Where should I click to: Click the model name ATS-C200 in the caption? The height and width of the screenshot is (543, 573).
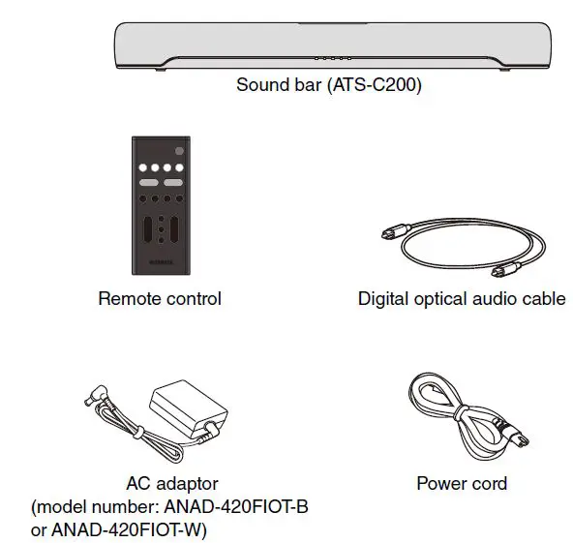click(375, 85)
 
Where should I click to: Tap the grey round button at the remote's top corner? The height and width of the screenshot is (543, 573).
click(179, 151)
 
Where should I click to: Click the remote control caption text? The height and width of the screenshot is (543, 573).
click(160, 298)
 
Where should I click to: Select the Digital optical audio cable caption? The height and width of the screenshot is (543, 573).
click(462, 299)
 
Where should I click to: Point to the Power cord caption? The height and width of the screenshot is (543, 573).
click(462, 483)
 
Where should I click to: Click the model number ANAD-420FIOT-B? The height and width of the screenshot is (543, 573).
click(236, 507)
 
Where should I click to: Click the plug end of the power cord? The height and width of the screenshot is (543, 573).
click(512, 433)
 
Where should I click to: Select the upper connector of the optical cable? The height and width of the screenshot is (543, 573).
click(396, 230)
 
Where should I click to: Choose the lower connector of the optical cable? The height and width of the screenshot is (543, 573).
click(506, 270)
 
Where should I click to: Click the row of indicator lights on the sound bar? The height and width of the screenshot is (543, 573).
click(333, 58)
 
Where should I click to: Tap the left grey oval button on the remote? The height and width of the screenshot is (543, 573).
click(149, 182)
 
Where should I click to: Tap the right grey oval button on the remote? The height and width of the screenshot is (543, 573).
click(173, 182)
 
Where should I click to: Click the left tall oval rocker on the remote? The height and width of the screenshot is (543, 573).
click(148, 229)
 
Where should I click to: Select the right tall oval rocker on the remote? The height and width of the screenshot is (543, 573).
click(174, 229)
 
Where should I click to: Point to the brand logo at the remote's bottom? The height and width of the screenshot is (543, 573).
click(161, 262)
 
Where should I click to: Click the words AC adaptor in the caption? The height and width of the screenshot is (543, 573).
click(172, 483)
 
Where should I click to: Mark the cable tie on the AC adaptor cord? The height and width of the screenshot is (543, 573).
click(137, 433)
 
